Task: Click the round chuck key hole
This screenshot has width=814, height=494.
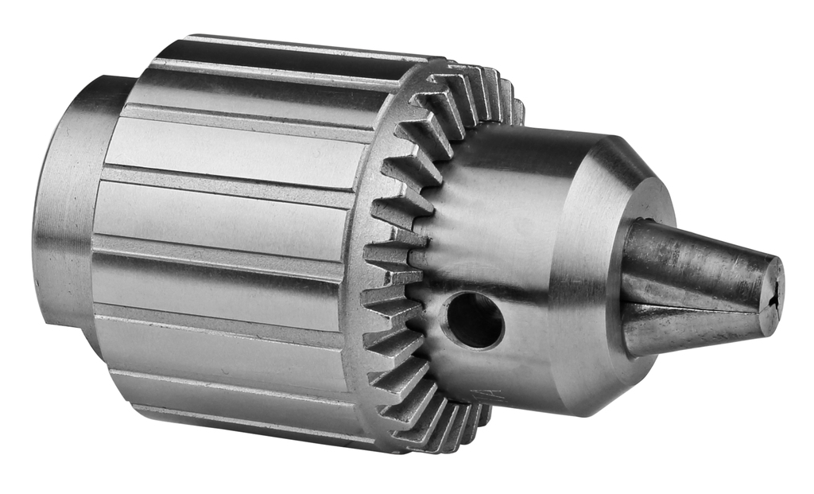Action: click(x=474, y=321)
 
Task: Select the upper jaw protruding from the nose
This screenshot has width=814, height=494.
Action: click(x=692, y=263)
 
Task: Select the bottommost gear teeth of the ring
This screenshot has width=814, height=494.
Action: click(x=445, y=434)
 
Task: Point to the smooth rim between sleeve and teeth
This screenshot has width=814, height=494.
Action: click(x=362, y=239)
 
